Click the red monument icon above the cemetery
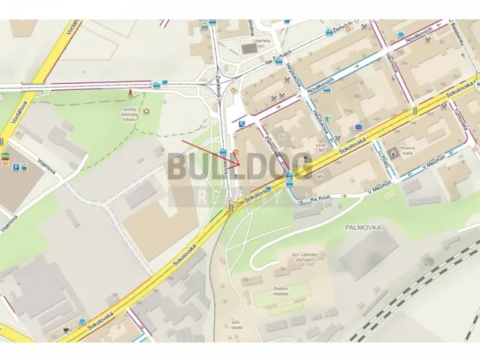(x=131, y=94)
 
